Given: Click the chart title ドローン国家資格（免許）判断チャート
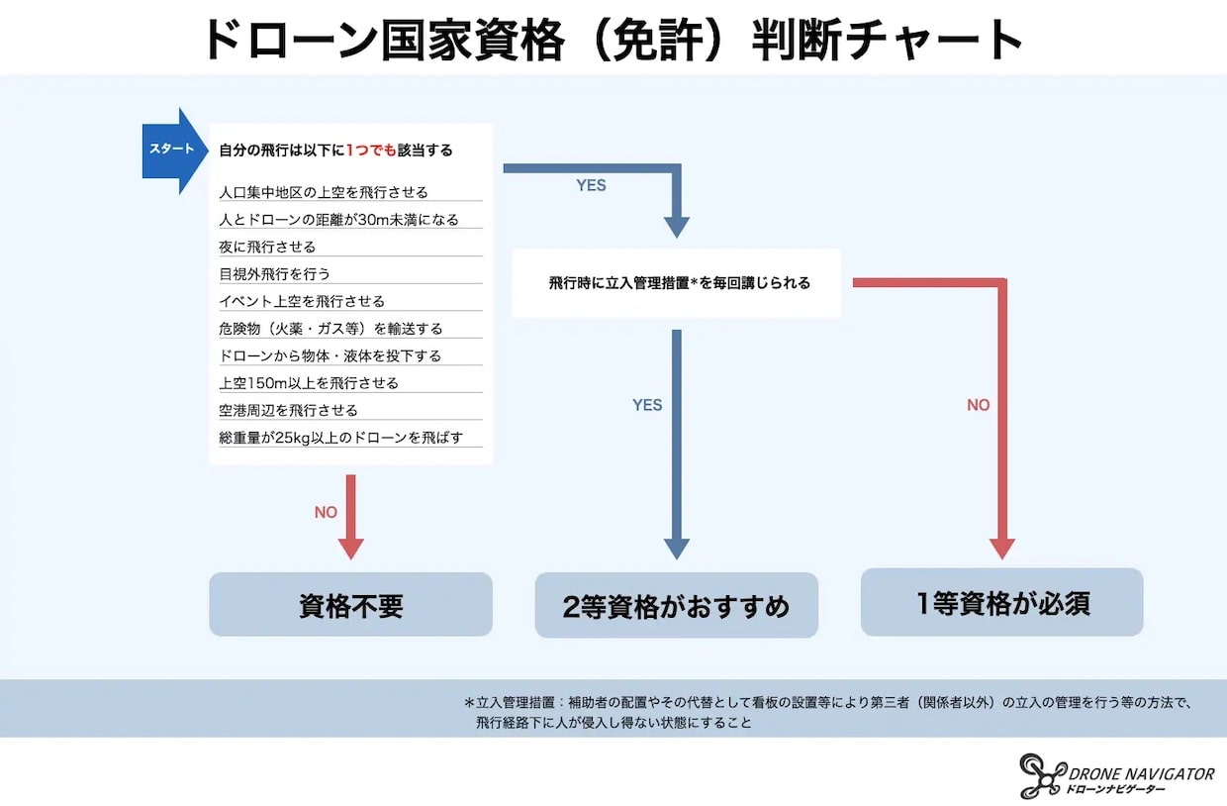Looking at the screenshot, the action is (613, 40).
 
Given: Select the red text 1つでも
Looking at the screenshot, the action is (371, 151).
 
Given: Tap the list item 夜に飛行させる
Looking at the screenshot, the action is (267, 247).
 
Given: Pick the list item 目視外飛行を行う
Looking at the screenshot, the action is (274, 274).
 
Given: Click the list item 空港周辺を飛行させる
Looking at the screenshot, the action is (288, 410).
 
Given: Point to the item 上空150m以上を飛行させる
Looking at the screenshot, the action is (309, 383).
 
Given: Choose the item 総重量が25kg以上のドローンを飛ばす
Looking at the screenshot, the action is (340, 438).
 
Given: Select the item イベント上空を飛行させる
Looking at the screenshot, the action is (302, 301).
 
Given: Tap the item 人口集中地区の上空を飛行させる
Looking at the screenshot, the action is (324, 192).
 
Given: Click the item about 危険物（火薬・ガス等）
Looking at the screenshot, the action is (330, 329).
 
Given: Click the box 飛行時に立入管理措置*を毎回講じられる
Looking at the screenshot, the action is (677, 283).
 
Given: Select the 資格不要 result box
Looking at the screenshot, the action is (350, 604).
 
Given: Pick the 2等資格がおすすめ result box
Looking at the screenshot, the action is (677, 605).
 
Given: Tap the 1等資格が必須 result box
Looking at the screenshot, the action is (1001, 602).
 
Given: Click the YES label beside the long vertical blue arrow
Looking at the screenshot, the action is (647, 405).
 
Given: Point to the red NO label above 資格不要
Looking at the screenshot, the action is (326, 512).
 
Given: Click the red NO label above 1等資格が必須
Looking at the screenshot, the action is (979, 405).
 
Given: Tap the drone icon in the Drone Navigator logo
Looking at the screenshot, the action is (1042, 775).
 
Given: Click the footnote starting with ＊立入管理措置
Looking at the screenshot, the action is (827, 712).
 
